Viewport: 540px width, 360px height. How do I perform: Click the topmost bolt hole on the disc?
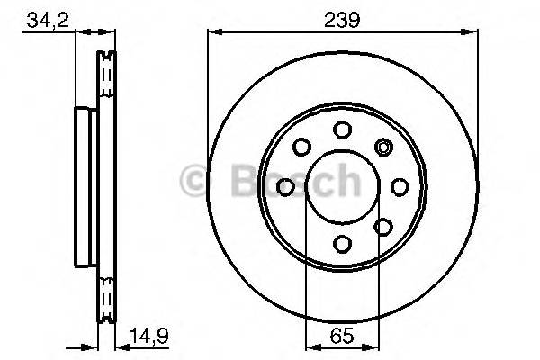tap(342, 130)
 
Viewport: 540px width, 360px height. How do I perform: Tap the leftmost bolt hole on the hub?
tap(286, 186)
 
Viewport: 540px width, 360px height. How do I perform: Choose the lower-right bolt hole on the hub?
tap(382, 226)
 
